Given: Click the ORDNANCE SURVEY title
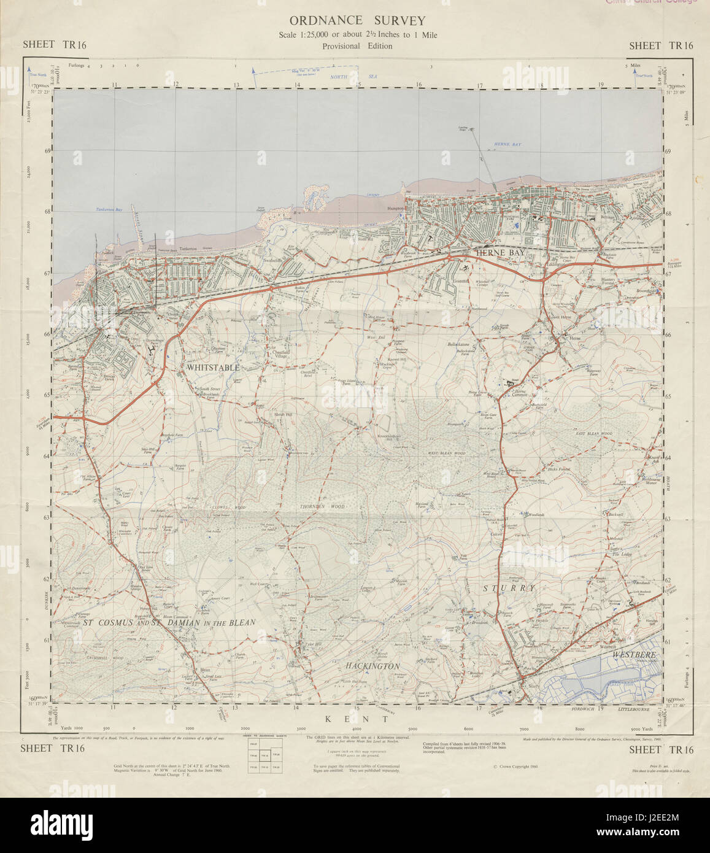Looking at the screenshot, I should (x=357, y=21).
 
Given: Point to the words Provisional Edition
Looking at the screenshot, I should (x=357, y=46).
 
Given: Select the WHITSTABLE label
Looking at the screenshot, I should (x=212, y=367).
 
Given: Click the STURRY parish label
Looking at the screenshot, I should (x=508, y=588).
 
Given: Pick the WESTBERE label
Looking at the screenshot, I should (x=633, y=655).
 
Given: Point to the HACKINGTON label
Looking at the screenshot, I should (x=372, y=666).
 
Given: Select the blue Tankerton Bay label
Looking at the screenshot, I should (x=109, y=210).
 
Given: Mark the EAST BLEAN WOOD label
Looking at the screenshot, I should (x=594, y=434).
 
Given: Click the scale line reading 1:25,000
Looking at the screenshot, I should (x=357, y=35).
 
